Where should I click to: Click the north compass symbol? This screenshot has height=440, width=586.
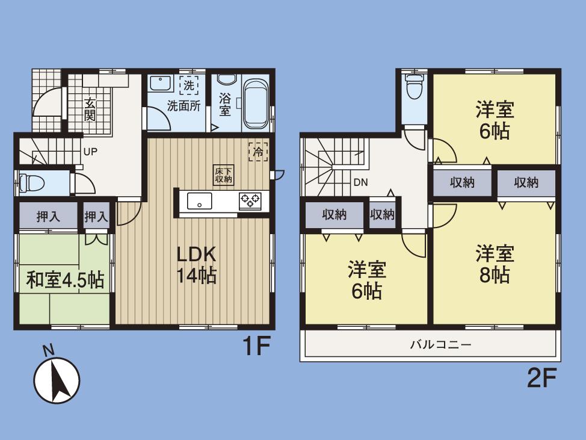click(x=57, y=379)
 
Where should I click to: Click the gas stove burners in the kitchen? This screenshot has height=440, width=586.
click(x=250, y=200)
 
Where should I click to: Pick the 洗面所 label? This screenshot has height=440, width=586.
click(x=184, y=107)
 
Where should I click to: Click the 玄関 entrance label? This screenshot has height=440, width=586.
click(x=90, y=109)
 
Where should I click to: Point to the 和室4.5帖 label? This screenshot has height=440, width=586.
click(x=65, y=280)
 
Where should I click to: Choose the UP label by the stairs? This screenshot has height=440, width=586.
click(x=90, y=152)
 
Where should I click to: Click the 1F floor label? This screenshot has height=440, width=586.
click(x=254, y=347)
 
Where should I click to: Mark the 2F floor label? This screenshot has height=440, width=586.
click(x=540, y=378)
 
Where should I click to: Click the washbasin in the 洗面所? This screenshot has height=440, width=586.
click(x=160, y=84)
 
